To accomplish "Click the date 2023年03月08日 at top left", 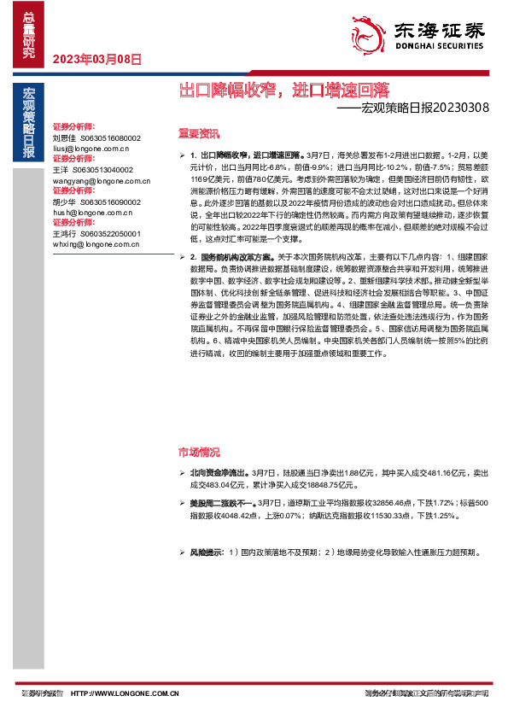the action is point(96,60).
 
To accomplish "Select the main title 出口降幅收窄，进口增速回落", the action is point(283,89).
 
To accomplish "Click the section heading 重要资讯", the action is point(198,134).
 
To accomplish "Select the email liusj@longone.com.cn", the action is point(90,148).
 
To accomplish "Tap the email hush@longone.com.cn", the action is point(90,213).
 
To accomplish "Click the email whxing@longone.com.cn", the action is point(93,244).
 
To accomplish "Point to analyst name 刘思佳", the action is point(65,137).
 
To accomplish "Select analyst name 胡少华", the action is point(65,202).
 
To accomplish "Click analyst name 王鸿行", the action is point(65,234).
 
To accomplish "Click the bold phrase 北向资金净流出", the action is point(218,472).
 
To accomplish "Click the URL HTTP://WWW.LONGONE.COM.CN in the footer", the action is point(124,694).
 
